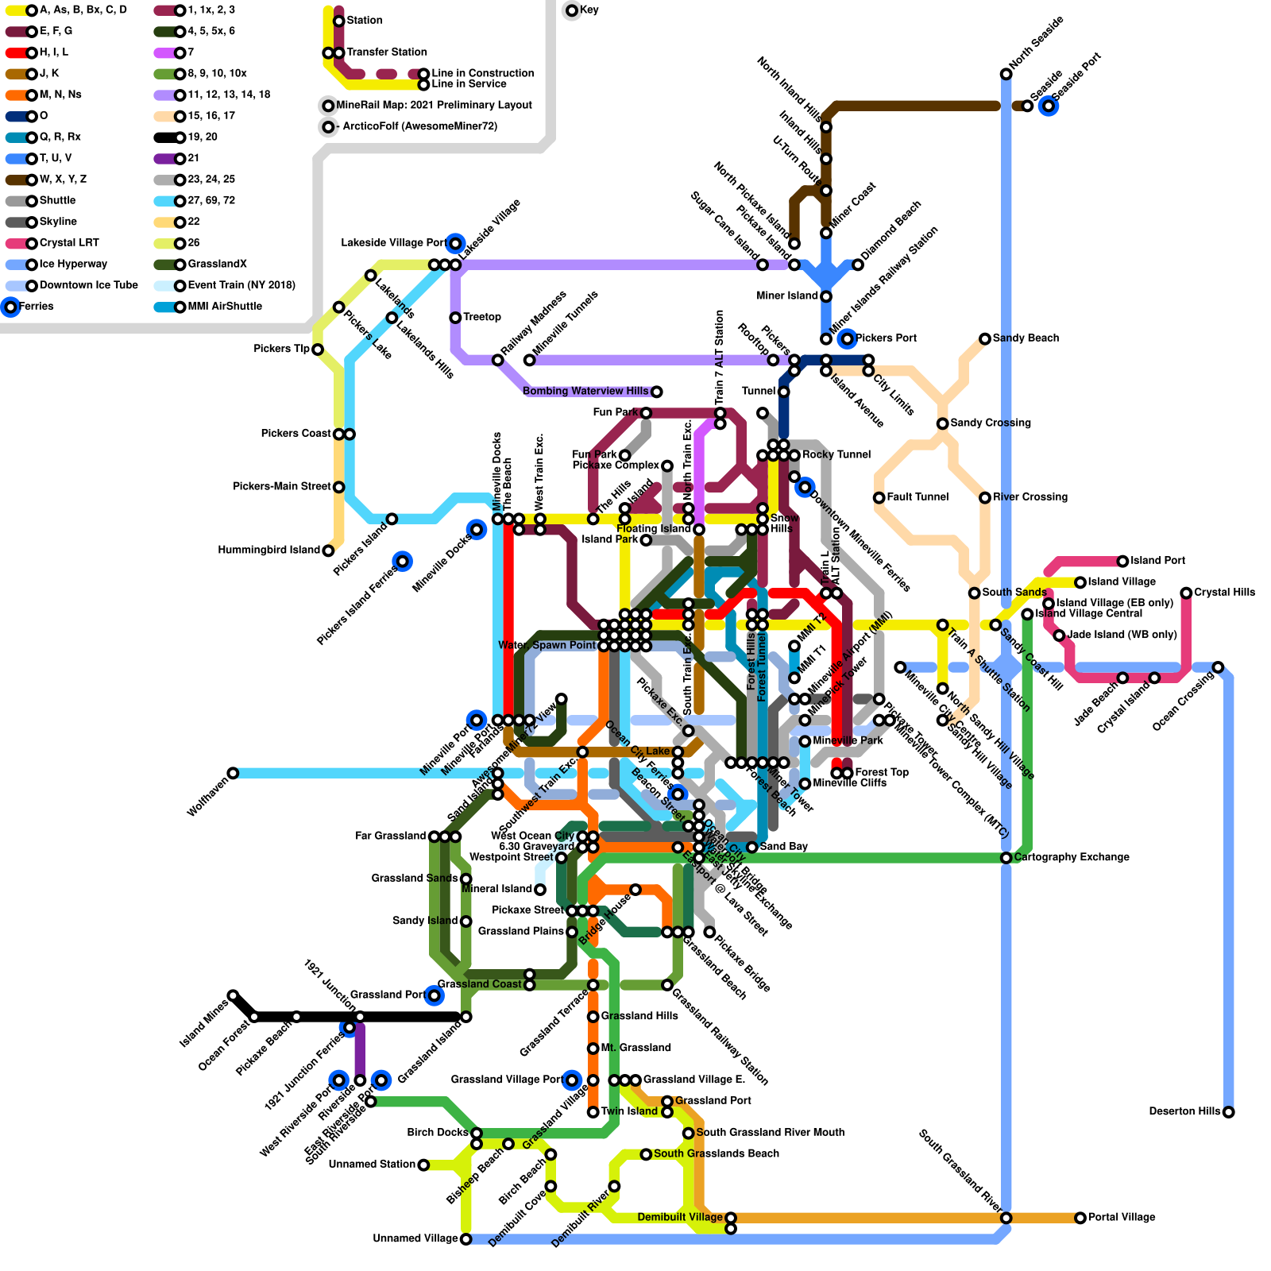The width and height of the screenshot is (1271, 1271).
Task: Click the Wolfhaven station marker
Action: pos(233,773)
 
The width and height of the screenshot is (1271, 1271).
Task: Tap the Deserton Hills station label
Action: pos(1184,1111)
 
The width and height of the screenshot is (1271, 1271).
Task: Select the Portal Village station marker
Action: pos(1080,1218)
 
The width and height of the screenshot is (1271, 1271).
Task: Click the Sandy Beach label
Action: pos(1026,338)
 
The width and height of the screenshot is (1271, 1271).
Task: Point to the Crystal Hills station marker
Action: pos(1186,593)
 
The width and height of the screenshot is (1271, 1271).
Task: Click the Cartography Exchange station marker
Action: pos(1006,858)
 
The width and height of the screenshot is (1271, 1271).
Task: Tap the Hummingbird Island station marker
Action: pos(328,551)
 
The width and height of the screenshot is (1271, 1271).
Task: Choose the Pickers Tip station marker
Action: pos(318,350)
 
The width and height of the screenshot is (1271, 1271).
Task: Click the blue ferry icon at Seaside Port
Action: pos(1049,106)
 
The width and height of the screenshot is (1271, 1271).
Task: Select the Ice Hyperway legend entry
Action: pos(72,265)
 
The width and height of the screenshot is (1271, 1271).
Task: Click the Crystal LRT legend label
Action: pos(69,243)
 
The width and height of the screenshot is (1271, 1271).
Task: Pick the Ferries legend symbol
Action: pos(10,307)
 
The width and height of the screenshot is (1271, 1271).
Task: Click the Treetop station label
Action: pos(482,317)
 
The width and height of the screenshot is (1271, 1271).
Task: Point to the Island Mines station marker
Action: pos(233,995)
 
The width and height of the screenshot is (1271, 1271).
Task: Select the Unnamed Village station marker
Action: pos(466,1239)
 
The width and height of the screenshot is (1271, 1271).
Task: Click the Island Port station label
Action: pos(1157,561)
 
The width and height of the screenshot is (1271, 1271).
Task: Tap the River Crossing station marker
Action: pos(985,497)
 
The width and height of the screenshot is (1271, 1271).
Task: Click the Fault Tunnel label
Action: pos(918,497)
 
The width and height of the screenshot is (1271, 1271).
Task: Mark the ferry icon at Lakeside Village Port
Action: pos(455,243)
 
